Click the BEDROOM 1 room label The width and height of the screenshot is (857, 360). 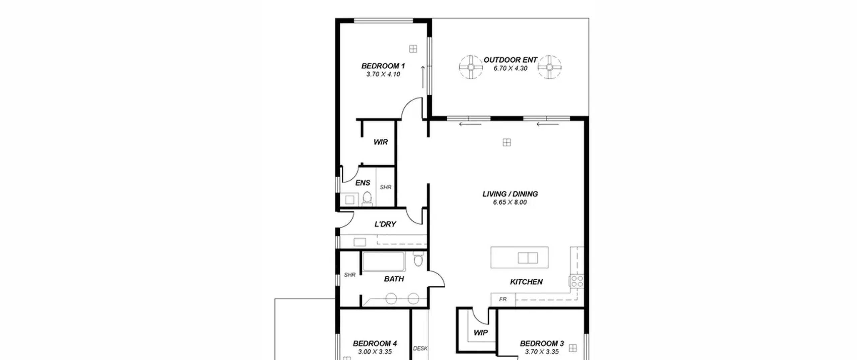pos(383,66)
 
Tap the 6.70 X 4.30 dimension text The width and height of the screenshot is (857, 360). pos(510,68)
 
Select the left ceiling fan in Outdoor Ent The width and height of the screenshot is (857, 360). pos(471,67)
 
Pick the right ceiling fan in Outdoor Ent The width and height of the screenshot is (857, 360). pos(550,67)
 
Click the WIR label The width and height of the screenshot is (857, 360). pos(381,142)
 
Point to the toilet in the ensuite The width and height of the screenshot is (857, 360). pos(367,199)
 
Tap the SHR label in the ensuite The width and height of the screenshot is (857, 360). pos(386,187)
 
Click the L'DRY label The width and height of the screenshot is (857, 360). pos(385,224)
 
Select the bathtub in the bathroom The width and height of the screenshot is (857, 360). pos(384,262)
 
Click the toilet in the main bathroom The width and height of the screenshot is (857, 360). pos(418,259)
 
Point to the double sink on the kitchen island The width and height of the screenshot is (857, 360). pos(528,258)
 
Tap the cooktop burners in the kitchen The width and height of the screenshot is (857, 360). pos(577,281)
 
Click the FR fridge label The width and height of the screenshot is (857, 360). pos(503,299)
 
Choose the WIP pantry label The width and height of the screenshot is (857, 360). pos(481,333)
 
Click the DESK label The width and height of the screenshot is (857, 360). pos(420,348)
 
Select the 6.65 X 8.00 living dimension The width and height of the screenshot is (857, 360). pos(510,202)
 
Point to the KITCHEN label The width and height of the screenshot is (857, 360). pos(526,282)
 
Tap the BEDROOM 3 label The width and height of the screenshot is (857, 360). pos(542,344)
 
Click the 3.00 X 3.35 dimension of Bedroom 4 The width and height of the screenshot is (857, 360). pos(375,352)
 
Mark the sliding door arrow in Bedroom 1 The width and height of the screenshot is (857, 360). pos(423,77)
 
